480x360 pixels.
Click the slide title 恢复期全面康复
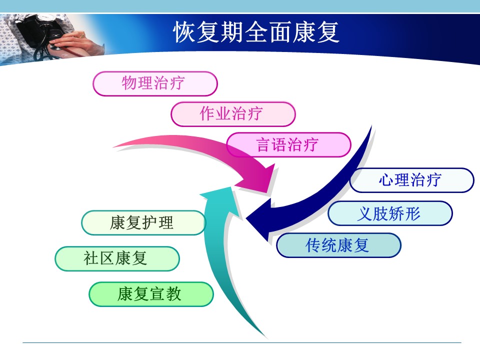point(256,32)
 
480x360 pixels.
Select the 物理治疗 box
point(155,83)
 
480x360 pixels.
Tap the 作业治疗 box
point(233,114)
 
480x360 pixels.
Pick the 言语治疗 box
point(288,145)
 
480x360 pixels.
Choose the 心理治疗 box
point(411,180)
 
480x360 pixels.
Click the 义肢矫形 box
point(390,213)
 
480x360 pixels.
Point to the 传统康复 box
point(338,245)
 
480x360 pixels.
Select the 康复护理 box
point(143,223)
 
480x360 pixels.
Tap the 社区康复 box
point(117,258)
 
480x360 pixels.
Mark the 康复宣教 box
point(151,294)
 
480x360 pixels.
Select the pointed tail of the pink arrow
point(114,147)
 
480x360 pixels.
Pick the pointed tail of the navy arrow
point(371,126)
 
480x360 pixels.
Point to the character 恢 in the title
point(184,32)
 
